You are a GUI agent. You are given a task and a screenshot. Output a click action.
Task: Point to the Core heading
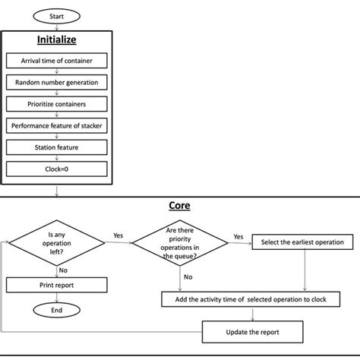click(x=179, y=206)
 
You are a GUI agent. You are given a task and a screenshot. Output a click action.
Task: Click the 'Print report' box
click(x=57, y=285)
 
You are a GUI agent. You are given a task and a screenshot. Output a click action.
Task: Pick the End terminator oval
click(x=57, y=310)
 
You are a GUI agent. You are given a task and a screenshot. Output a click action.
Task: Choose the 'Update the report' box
click(x=252, y=332)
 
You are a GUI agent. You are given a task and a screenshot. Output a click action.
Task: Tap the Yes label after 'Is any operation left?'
click(x=118, y=235)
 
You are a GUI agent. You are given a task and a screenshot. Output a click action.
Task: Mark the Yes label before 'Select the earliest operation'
click(x=238, y=235)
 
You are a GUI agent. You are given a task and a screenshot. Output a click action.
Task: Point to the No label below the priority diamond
click(x=187, y=277)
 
